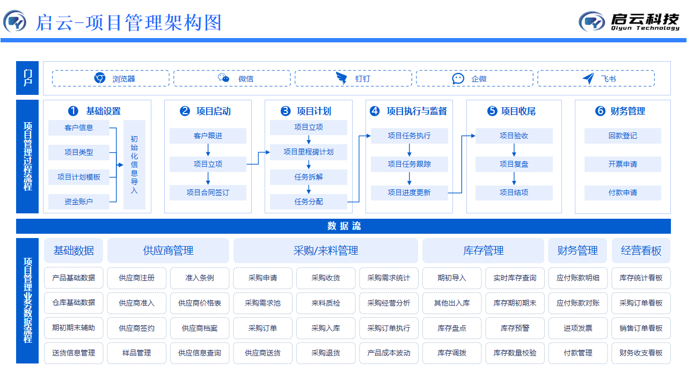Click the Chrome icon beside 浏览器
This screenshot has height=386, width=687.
[100, 78]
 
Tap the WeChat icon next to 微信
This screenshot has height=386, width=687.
[224, 78]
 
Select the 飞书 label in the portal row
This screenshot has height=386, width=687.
[608, 79]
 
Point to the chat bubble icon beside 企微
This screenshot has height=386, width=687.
[458, 78]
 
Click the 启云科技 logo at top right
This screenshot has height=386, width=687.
[630, 21]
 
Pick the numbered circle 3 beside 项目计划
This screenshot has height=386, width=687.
[286, 111]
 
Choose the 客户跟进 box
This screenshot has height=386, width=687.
[208, 136]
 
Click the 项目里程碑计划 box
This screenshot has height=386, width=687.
[309, 152]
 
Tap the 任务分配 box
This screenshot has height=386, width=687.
[309, 202]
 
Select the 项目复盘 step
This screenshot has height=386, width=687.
[514, 164]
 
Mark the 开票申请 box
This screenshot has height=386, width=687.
[623, 164]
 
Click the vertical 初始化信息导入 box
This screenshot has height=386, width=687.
[134, 165]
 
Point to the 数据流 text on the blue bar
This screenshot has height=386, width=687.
[343, 226]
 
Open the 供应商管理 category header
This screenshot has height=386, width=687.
[168, 250]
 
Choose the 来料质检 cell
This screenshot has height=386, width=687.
[325, 303]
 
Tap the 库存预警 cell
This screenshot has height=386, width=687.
[515, 328]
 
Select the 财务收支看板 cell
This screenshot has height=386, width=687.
[641, 353]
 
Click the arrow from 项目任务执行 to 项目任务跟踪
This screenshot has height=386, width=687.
[410, 150]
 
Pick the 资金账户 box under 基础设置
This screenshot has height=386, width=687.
[78, 202]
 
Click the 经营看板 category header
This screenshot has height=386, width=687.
[641, 250]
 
